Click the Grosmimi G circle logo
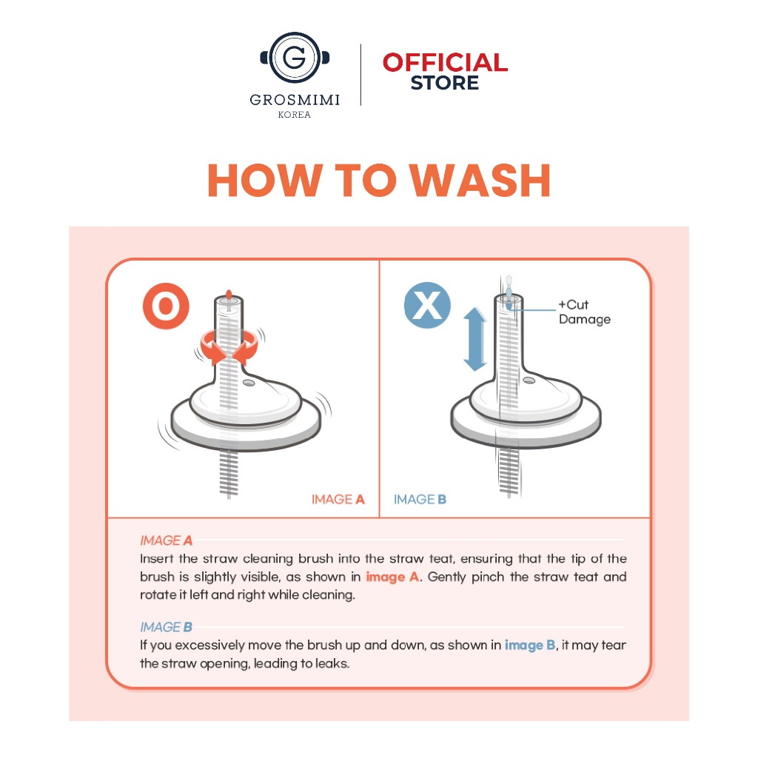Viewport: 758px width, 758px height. point(295,58)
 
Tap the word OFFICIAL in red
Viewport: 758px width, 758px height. point(445,62)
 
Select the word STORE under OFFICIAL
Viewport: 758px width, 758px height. point(445,83)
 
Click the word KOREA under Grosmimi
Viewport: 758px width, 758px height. point(295,115)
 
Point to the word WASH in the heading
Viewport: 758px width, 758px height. point(480,181)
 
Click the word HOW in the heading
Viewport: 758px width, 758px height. point(265,181)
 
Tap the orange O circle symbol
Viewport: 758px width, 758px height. point(166,306)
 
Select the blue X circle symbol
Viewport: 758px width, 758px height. point(427,306)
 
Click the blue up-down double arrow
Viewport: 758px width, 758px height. point(475,339)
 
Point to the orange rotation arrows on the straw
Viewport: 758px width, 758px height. point(229,347)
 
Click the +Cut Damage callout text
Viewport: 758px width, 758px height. point(585,312)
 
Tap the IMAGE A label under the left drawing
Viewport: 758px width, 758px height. point(338,500)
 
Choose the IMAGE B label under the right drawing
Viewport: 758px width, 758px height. point(420,500)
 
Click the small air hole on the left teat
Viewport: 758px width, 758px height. point(249,383)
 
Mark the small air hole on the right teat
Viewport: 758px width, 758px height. point(529,380)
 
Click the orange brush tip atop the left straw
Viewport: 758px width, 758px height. point(229,295)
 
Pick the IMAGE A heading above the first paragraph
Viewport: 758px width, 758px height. point(167,540)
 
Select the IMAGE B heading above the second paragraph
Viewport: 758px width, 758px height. point(167,627)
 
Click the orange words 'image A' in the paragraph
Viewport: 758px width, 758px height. point(392,577)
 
